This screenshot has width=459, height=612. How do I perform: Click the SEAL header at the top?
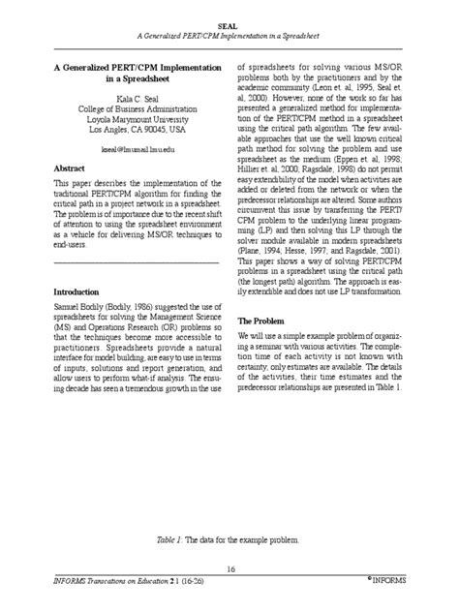(229, 29)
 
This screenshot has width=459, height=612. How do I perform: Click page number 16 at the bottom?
(229, 568)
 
